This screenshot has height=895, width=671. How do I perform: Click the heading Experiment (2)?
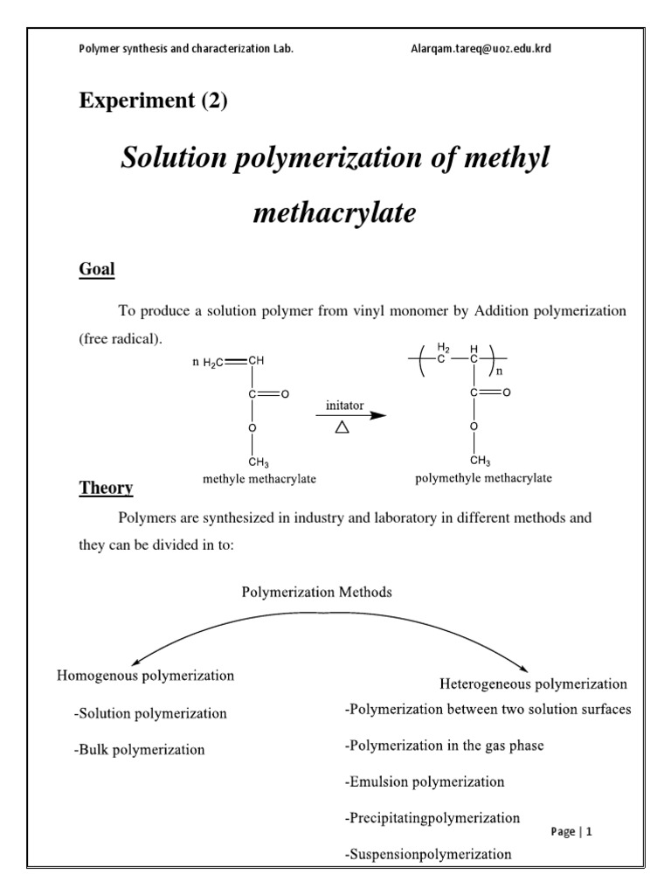(x=153, y=101)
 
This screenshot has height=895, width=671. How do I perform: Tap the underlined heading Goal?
(x=97, y=269)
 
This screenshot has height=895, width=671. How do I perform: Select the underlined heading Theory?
(x=107, y=488)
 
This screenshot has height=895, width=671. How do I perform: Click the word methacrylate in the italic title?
(x=335, y=212)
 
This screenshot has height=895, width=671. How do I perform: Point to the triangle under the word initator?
(x=342, y=427)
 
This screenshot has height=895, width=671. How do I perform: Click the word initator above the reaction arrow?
(x=345, y=406)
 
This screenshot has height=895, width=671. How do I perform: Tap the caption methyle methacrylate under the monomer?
(x=259, y=478)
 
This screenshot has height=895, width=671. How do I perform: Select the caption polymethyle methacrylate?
(x=483, y=478)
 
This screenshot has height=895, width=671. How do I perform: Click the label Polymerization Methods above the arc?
(x=317, y=592)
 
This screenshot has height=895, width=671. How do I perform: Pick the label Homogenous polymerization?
(x=145, y=676)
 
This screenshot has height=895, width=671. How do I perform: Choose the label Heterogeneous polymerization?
(x=532, y=683)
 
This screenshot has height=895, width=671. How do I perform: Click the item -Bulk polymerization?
(x=140, y=749)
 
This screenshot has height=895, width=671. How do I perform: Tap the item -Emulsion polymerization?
(x=425, y=781)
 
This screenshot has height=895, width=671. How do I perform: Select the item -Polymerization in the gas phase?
(x=445, y=746)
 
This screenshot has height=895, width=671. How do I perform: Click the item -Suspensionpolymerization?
(x=428, y=853)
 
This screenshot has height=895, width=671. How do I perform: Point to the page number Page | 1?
(x=571, y=832)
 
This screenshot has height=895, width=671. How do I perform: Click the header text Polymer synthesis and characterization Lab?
(x=186, y=49)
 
